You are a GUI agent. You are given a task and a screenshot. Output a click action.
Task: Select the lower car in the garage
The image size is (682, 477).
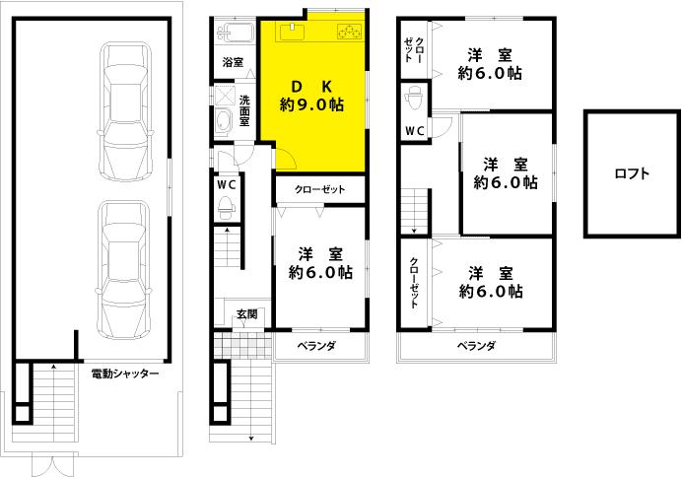[125, 266]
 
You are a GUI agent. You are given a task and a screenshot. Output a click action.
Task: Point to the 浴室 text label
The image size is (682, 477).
[233, 62]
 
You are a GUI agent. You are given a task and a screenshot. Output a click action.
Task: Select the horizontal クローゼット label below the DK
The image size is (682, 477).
[319, 189]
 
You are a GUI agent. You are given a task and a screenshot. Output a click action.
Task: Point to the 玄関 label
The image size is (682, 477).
[246, 314]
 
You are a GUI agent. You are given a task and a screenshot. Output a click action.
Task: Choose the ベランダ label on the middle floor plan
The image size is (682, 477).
[315, 346]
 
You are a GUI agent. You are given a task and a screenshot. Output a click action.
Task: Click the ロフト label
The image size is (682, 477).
[632, 174]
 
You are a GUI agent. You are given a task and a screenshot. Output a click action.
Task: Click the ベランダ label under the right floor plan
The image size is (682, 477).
[475, 346]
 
